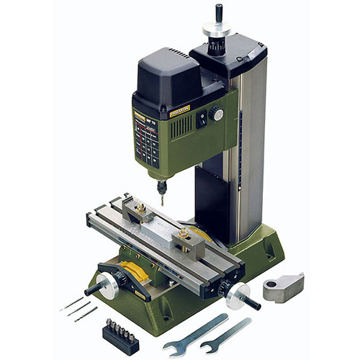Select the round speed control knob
coord(216,114)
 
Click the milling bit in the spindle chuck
coord(162,195)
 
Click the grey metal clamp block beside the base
coord(283,285)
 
